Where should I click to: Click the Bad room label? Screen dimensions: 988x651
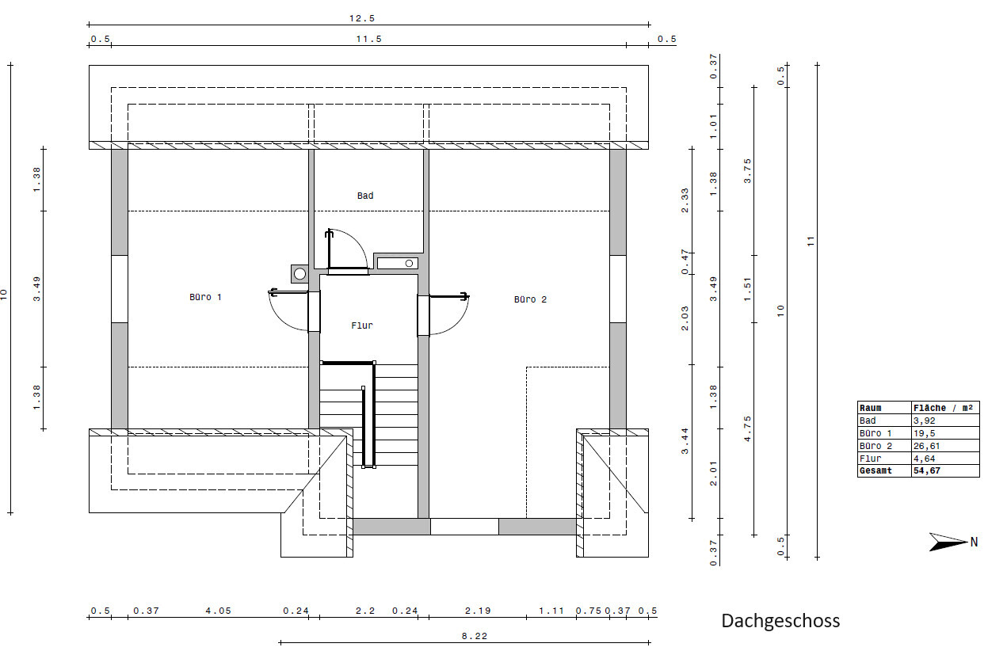tap(365, 196)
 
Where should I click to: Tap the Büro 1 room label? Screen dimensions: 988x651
tap(205, 297)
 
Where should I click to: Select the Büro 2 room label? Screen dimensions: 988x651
tap(530, 299)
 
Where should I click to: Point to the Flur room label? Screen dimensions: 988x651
tap(362, 325)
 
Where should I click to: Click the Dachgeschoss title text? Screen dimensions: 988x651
tap(780, 621)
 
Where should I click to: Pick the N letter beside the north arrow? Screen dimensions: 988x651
tap(975, 542)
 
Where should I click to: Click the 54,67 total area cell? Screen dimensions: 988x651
tap(927, 470)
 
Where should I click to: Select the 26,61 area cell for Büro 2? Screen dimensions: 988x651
tap(927, 446)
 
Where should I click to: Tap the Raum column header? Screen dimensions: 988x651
tap(871, 408)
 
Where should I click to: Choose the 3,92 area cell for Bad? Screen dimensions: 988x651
tap(924, 421)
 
